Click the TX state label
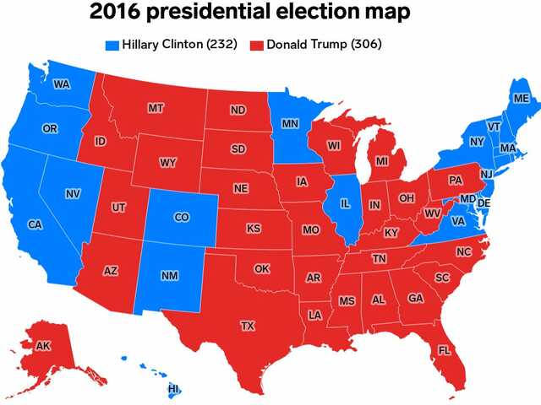248,325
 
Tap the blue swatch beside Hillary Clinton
112,44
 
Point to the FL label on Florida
445,349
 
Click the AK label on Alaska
43,345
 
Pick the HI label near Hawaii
174,389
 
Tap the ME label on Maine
521,99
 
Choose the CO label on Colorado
181,217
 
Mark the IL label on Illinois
345,203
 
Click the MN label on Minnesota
290,124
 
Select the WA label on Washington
61,84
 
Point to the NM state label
168,277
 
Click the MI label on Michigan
382,160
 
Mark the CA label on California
35,224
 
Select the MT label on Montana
156,108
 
